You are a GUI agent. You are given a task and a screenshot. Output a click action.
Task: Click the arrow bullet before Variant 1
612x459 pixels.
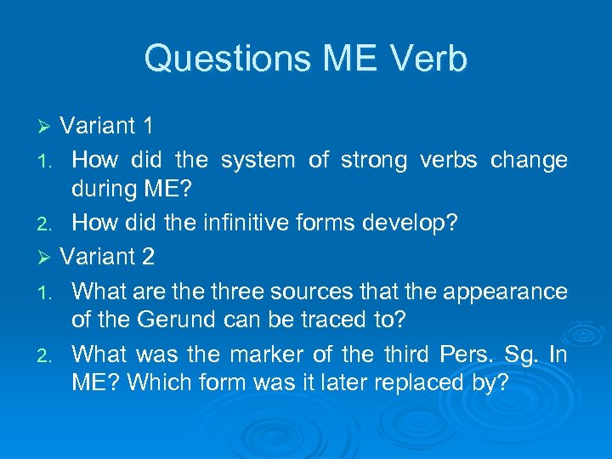(48, 127)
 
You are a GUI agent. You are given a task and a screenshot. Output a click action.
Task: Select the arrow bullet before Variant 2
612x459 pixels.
(48, 257)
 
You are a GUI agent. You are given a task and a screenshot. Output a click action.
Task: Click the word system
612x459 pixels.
(256, 160)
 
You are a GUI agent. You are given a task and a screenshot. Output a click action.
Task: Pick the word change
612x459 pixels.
(529, 160)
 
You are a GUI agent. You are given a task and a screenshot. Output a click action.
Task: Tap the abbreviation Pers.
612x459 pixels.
(464, 354)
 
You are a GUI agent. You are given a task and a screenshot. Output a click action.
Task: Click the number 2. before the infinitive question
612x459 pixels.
(48, 224)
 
